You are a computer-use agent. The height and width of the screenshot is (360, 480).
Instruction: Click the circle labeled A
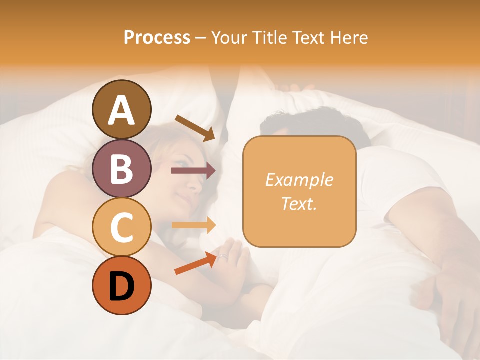coord(121,109)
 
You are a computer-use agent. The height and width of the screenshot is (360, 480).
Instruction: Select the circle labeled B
coord(121,168)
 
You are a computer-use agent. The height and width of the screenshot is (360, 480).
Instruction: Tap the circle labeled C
coord(121,227)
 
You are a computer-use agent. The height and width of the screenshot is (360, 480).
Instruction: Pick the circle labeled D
coord(121,285)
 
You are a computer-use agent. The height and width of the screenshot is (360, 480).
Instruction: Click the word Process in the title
coord(157,38)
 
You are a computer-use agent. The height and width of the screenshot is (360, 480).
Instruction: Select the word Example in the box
coord(299,180)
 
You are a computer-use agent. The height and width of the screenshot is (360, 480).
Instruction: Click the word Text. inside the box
coord(299,203)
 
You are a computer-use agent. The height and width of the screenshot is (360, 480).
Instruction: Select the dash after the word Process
coord(200,38)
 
